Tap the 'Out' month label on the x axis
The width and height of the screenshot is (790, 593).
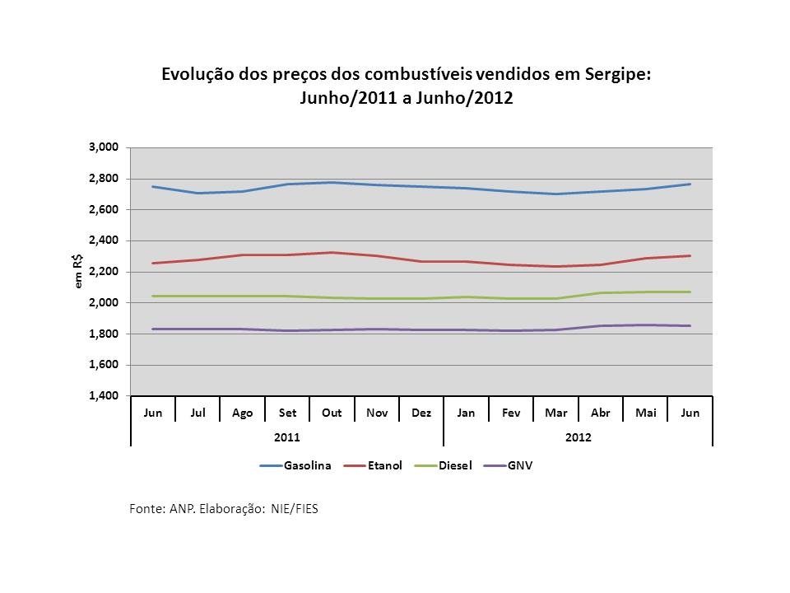[x=332, y=413]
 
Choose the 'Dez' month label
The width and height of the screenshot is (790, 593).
[x=421, y=413]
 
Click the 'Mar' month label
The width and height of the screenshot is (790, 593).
[x=555, y=413]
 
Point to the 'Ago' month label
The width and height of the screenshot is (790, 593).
[x=243, y=413]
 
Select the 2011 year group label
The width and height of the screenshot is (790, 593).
[x=287, y=437]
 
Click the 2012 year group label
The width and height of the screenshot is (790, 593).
[x=579, y=437]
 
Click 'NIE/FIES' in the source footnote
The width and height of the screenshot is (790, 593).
[x=294, y=509]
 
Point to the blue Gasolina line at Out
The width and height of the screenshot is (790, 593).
[x=332, y=182]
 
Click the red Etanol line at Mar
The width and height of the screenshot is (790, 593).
[x=555, y=266]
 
